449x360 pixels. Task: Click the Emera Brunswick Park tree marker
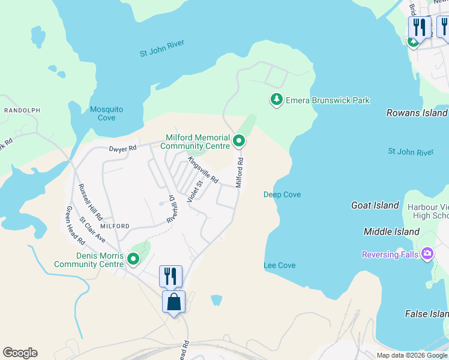click(276, 100)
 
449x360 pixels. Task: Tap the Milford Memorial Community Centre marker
click(239, 142)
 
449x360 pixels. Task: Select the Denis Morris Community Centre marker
click(133, 259)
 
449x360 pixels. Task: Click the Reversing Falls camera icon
click(427, 254)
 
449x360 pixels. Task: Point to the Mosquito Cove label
click(106, 113)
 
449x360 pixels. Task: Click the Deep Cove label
click(282, 194)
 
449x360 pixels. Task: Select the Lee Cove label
click(280, 265)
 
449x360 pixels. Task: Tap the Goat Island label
click(375, 205)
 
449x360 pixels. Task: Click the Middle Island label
click(391, 232)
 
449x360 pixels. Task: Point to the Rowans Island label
click(417, 113)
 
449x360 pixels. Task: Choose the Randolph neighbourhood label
click(22, 110)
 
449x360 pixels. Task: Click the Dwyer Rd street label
click(123, 148)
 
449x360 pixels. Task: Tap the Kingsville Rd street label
click(203, 170)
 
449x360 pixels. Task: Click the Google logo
click(20, 353)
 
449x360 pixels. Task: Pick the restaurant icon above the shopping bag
click(170, 276)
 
